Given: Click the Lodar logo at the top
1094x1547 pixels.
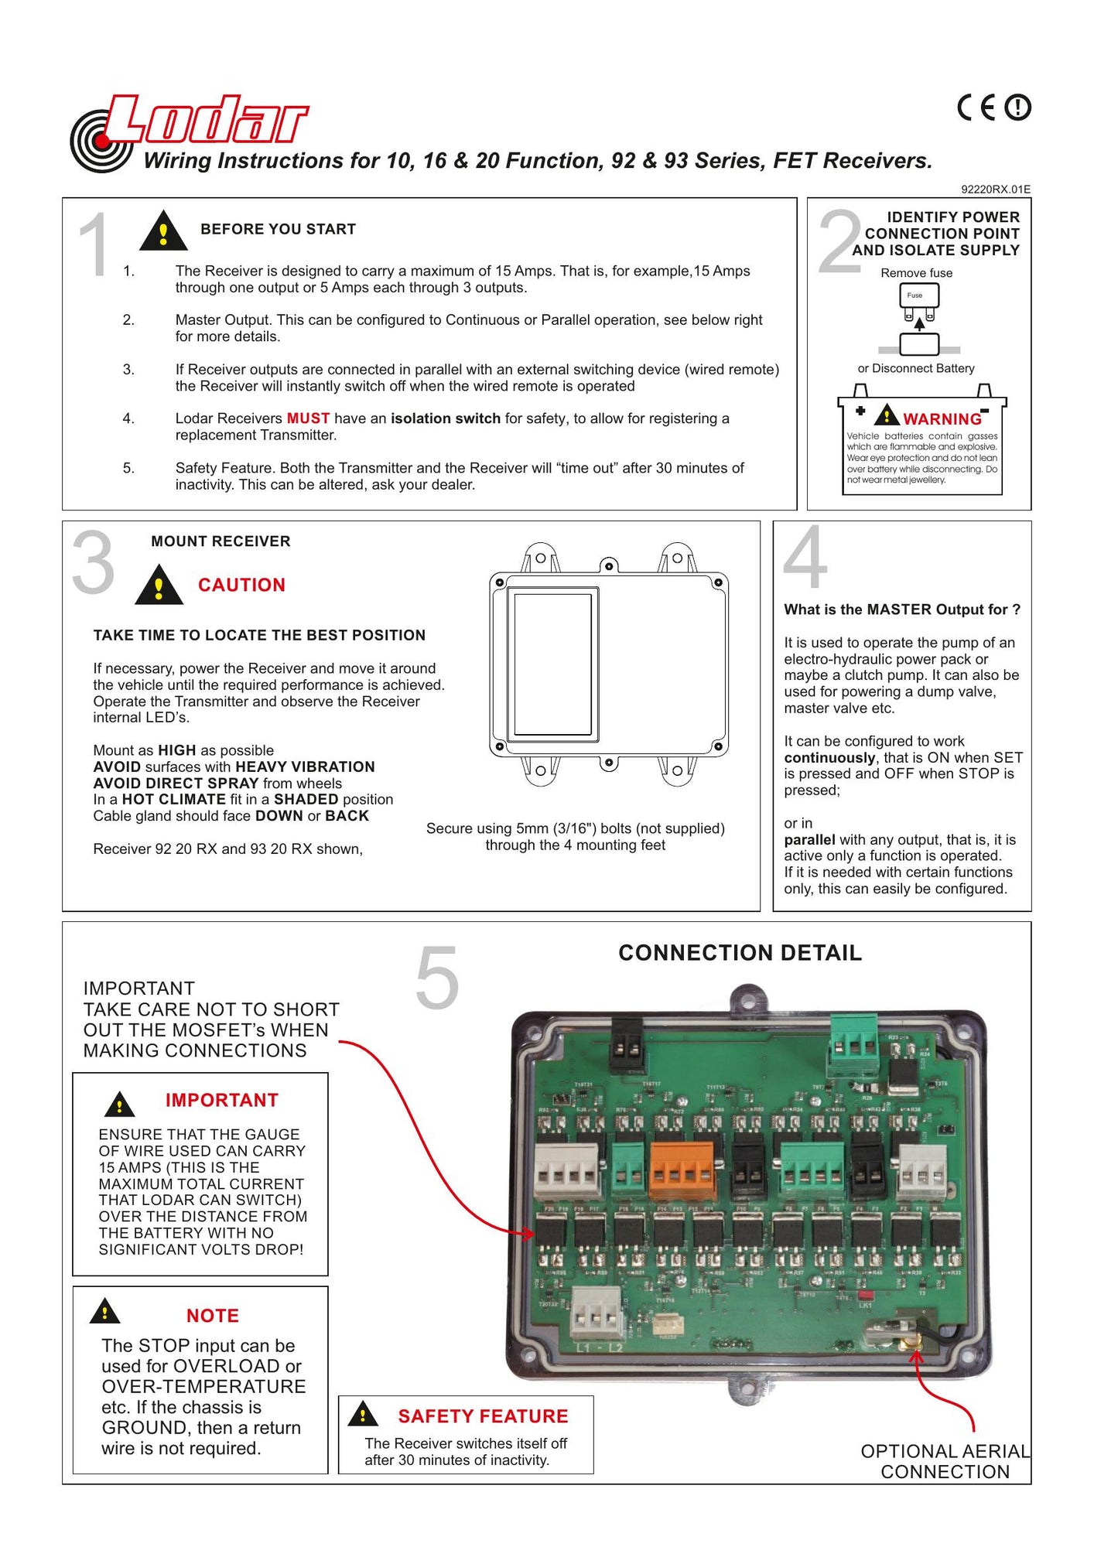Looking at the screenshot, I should pyautogui.click(x=190, y=128).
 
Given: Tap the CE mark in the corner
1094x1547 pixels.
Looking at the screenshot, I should pyautogui.click(x=976, y=108).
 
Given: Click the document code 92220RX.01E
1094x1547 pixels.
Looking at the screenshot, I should pyautogui.click(x=995, y=190).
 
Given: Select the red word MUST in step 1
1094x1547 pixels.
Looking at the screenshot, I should pyautogui.click(x=308, y=418).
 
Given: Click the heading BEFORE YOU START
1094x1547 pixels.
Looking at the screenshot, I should pyautogui.click(x=278, y=229).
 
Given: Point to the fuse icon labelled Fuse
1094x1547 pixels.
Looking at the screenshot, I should pyautogui.click(x=918, y=296).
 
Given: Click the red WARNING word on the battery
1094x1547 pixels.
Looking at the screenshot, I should pyautogui.click(x=942, y=419).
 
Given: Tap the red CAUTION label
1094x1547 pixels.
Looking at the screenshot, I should pyautogui.click(x=241, y=585).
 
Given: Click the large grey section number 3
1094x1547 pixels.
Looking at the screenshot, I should pyautogui.click(x=93, y=563).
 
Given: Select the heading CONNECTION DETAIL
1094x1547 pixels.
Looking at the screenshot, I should pyautogui.click(x=740, y=953).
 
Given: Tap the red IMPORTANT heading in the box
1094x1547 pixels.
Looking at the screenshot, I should pyautogui.click(x=221, y=1100).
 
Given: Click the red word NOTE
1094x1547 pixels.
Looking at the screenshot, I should pyautogui.click(x=212, y=1316).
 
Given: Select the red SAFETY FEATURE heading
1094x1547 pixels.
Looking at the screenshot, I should pyautogui.click(x=483, y=1416).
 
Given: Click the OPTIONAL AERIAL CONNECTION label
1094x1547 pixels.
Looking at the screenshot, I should pyautogui.click(x=945, y=1461).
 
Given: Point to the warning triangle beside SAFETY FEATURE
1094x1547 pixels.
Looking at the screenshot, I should pyautogui.click(x=363, y=1415).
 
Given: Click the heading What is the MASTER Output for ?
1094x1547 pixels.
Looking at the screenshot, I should pyautogui.click(x=902, y=610).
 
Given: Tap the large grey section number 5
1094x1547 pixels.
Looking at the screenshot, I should pyautogui.click(x=437, y=978).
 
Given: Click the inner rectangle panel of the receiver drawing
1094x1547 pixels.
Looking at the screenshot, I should pyautogui.click(x=552, y=664).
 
